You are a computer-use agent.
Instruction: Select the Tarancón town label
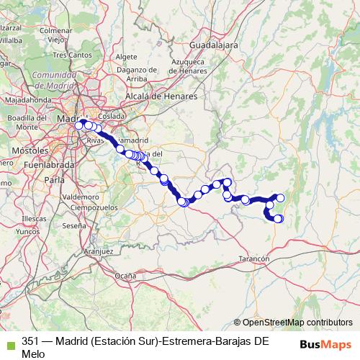point(254,258)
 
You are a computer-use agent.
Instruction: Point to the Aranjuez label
point(99,251)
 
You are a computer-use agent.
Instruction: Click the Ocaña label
point(125,275)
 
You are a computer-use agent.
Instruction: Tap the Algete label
point(126,56)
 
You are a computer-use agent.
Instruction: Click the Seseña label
point(73,225)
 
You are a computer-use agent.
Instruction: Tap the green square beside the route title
point(9,342)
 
